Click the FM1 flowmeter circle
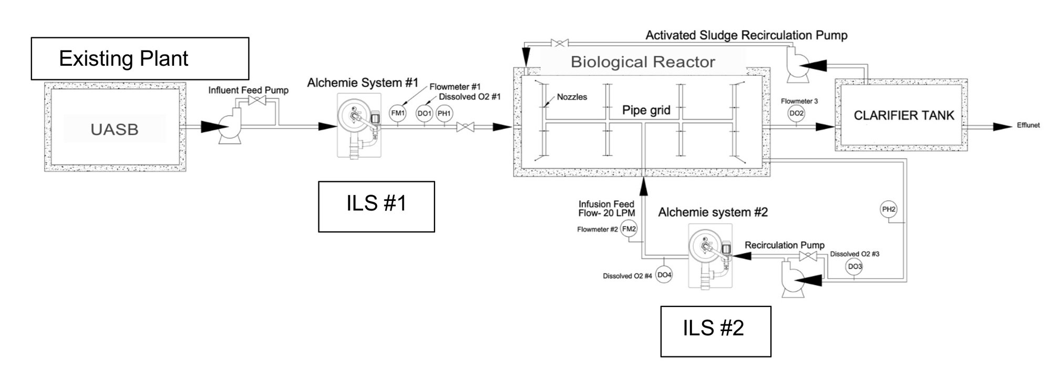click(397, 113)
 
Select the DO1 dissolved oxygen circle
click(424, 113)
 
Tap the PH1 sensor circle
click(444, 113)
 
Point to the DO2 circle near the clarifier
click(796, 113)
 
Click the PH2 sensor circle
click(889, 209)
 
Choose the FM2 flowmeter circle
click(628, 229)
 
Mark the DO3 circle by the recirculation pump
click(854, 267)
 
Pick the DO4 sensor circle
click(664, 275)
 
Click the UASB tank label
click(114, 129)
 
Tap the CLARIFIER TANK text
click(903, 116)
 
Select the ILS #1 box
click(376, 206)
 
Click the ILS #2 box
click(715, 331)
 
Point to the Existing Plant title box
click(140, 58)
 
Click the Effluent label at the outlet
click(1028, 125)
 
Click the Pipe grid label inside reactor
click(646, 110)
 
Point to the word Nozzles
click(572, 97)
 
